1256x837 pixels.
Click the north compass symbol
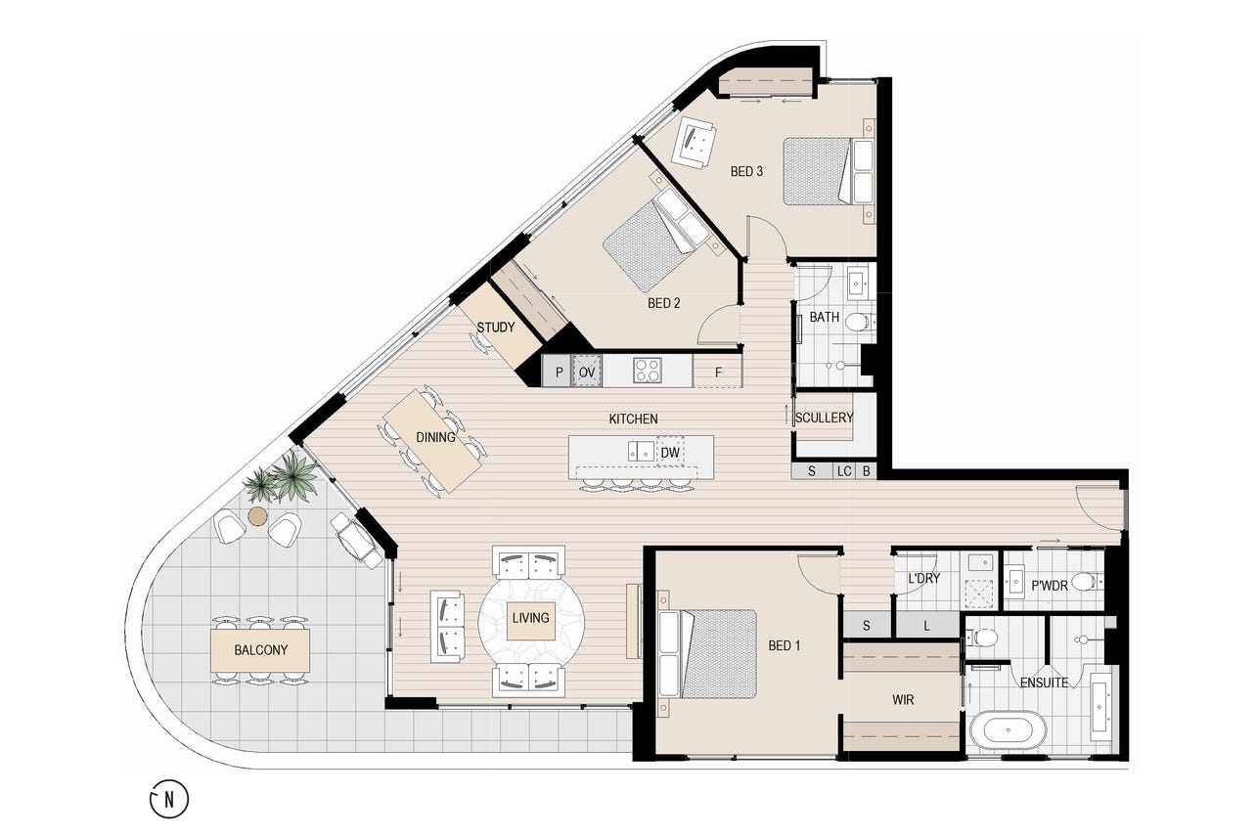(169, 799)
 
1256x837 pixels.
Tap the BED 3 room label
(746, 171)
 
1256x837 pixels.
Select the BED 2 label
(664, 303)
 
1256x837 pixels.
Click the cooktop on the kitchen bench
(648, 370)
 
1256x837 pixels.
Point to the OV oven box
(587, 372)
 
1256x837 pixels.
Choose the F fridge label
(718, 373)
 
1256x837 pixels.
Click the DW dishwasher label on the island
(670, 453)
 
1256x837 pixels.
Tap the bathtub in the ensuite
(1009, 729)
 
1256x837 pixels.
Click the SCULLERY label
(825, 418)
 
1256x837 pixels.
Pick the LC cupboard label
(844, 471)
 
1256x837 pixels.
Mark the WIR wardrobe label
(903, 700)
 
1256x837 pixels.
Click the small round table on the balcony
(257, 516)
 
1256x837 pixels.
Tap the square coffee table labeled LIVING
(531, 621)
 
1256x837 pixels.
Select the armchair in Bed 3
(695, 142)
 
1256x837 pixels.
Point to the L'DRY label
(923, 578)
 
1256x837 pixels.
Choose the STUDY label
(496, 327)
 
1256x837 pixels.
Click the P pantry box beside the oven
(558, 372)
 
